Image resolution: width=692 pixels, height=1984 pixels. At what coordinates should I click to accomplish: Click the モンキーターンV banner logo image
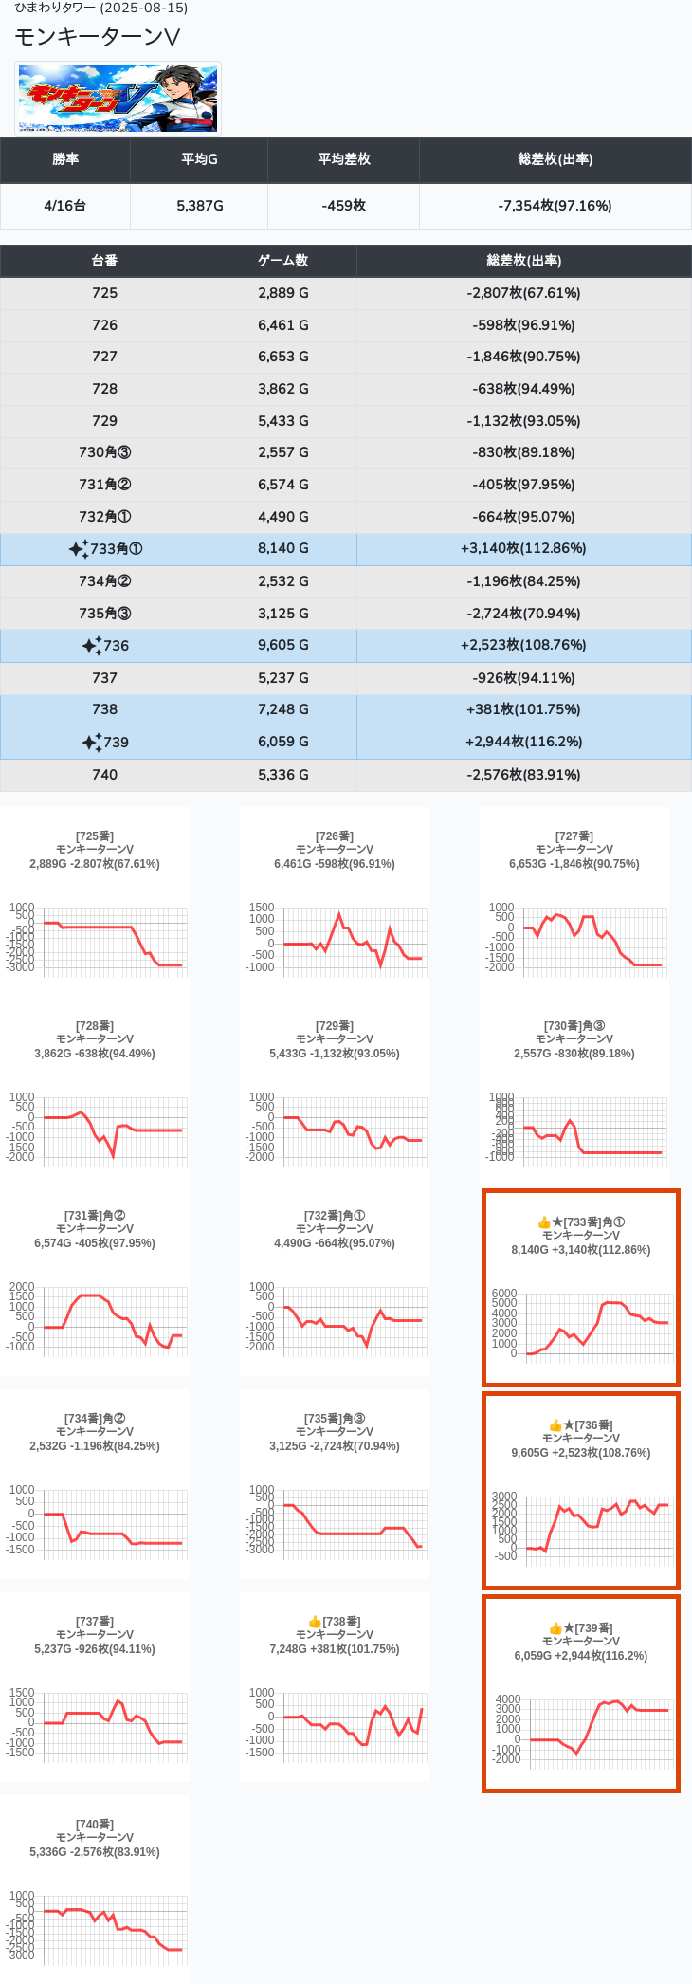[x=118, y=99]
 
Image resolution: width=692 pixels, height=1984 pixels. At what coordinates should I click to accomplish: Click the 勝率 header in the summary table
[x=65, y=159]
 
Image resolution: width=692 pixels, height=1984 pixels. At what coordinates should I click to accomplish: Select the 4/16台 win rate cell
[x=65, y=206]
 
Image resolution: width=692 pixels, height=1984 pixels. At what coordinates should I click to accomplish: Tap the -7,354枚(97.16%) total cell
[x=555, y=206]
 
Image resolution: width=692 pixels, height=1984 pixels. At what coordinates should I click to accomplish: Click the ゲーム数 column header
[x=282, y=261]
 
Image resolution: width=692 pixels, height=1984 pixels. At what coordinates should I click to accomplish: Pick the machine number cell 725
[x=104, y=293]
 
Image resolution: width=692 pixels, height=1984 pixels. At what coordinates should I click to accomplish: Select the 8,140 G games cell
[x=282, y=548]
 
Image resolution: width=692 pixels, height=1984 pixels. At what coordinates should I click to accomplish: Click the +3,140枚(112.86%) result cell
[x=523, y=548]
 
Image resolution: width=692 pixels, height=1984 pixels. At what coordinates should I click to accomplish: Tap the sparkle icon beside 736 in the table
[x=91, y=646]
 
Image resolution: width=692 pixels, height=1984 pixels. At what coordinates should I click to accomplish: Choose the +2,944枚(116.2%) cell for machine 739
[x=523, y=742]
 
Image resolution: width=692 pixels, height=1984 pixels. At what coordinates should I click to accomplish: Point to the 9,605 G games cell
[x=282, y=645]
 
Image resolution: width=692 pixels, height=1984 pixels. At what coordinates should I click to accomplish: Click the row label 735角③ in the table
[x=104, y=614]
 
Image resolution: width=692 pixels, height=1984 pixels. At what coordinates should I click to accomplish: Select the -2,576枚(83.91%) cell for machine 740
[x=523, y=775]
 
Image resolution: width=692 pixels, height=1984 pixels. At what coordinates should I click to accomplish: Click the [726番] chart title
[x=335, y=836]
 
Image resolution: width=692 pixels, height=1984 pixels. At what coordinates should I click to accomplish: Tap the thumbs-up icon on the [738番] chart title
[x=315, y=1623]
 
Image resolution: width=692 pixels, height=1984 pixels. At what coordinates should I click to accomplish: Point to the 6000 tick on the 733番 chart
[x=504, y=1294]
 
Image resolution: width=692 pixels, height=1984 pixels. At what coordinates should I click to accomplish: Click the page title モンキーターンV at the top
[x=97, y=37]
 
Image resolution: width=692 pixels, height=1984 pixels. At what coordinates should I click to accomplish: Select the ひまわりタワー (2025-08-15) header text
[x=100, y=8]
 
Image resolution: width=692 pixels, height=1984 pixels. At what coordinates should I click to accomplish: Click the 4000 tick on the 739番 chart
[x=508, y=1699]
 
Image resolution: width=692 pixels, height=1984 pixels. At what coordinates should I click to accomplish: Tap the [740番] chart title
[x=95, y=1825]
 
